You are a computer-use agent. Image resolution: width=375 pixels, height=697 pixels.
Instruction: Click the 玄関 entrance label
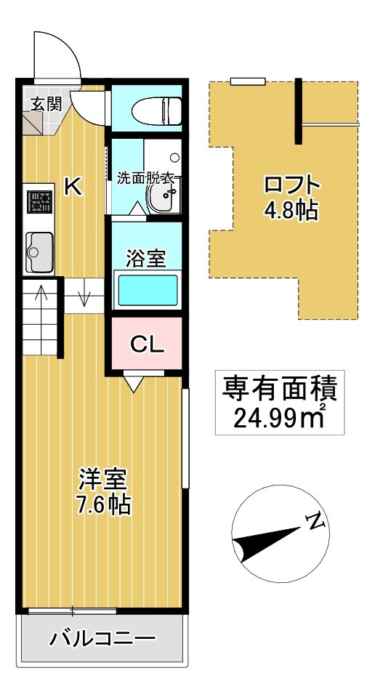click(x=44, y=103)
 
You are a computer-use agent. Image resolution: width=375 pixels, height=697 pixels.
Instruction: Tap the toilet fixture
click(x=156, y=111)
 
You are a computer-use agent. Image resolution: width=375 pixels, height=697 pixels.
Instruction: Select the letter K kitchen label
click(x=73, y=187)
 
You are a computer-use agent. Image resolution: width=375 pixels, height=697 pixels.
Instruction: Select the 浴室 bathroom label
click(x=146, y=258)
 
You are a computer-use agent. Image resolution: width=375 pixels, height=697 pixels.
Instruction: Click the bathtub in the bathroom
click(x=148, y=291)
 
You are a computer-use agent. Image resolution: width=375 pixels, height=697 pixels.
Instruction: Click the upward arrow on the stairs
click(x=41, y=294)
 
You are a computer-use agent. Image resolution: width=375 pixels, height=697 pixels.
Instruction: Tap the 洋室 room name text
click(x=103, y=479)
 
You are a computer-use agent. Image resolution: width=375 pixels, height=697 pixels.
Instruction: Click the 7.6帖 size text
click(x=103, y=504)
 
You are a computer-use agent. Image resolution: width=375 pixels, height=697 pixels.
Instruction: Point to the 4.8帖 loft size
click(x=291, y=211)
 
